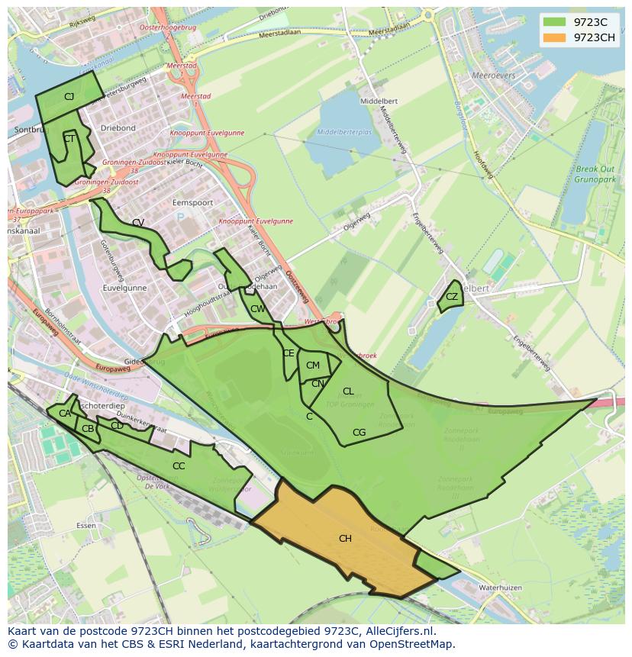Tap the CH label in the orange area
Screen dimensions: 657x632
point(345,539)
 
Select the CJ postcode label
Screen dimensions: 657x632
point(69,97)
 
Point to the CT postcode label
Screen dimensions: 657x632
point(69,139)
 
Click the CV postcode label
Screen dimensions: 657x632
point(138,223)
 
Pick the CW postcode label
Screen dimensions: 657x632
point(258,309)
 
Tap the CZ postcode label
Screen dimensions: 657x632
point(452,297)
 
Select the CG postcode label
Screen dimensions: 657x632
point(359,433)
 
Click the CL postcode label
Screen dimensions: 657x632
point(348,391)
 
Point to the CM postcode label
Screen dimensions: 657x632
point(312,366)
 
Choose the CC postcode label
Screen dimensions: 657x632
point(179,466)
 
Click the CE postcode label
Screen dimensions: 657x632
point(289,353)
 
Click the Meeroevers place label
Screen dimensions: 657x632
point(494,76)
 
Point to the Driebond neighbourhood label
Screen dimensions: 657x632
point(118,128)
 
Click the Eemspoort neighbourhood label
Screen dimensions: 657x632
point(192,203)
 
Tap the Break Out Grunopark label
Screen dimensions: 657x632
point(596,176)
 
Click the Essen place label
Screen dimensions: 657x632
point(85,527)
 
